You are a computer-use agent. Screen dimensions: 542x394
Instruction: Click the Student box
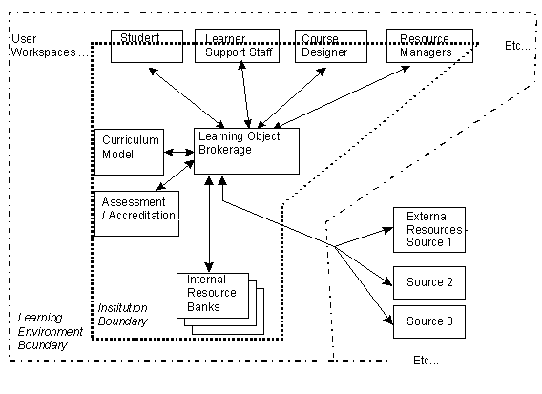[x=147, y=46]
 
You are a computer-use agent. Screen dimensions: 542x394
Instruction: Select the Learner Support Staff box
[x=237, y=46]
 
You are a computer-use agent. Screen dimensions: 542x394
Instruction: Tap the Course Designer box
[x=331, y=46]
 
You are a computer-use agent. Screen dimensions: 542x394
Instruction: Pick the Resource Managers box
[x=429, y=46]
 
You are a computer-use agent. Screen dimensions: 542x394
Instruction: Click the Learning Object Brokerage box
[x=246, y=151]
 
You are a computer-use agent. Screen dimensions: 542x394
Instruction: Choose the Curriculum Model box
[x=129, y=152]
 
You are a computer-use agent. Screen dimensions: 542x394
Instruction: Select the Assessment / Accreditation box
[x=136, y=214]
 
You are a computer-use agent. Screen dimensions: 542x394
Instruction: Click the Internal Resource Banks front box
[x=213, y=296]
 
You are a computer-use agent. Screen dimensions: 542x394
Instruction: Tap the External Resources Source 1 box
[x=429, y=230]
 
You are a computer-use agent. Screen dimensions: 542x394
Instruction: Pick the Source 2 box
[x=429, y=282]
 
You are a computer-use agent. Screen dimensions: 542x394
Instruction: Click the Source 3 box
[x=429, y=321]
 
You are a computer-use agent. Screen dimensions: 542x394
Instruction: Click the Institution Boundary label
[x=123, y=314]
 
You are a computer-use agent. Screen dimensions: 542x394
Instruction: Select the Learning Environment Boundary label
[x=51, y=331]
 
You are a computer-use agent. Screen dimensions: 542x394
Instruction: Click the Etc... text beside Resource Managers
[x=517, y=45]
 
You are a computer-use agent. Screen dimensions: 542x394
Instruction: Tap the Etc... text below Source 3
[x=426, y=361]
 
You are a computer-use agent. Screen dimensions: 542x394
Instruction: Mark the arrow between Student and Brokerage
[x=187, y=98]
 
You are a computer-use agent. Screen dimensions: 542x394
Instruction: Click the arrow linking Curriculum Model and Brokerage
[x=179, y=152]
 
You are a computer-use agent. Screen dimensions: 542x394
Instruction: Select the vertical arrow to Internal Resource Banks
[x=209, y=224]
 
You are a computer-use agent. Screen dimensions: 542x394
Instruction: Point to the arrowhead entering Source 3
[x=388, y=321]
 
